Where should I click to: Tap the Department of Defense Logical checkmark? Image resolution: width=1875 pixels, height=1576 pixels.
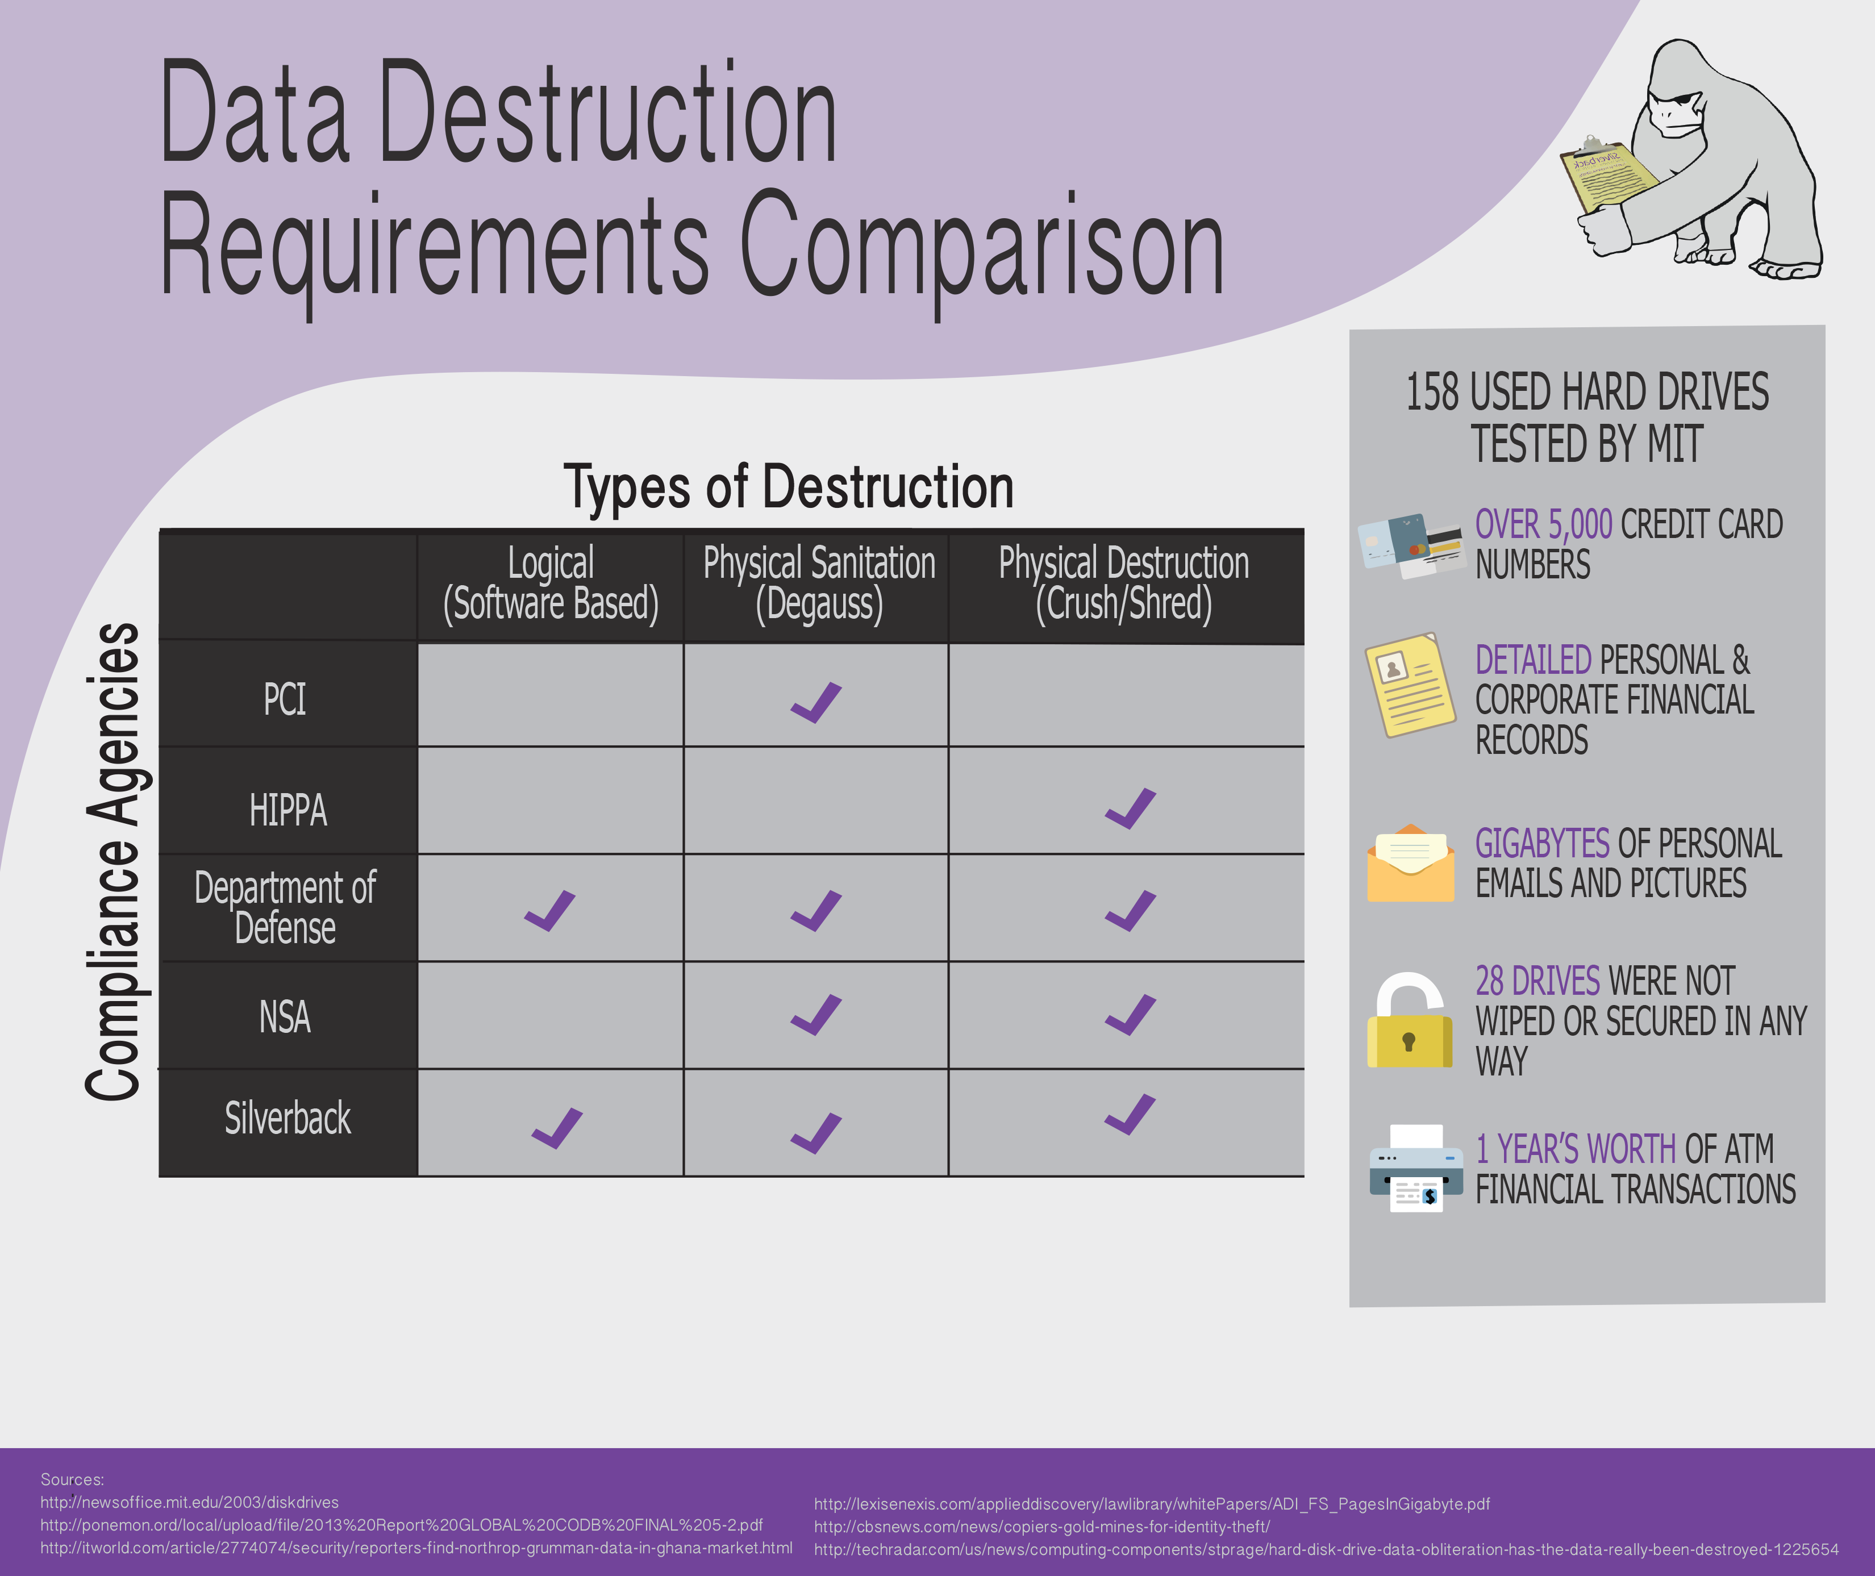(549, 911)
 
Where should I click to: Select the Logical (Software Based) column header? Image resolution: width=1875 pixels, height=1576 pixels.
(550, 583)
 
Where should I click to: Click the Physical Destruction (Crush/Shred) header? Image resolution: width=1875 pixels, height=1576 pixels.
(1124, 583)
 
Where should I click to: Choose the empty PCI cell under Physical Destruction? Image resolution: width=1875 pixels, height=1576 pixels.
(1126, 695)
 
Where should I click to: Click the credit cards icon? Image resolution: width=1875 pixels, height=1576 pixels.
(1410, 545)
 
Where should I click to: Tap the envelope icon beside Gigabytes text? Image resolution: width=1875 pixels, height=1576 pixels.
(1410, 863)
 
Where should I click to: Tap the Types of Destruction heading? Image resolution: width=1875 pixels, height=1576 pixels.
(789, 488)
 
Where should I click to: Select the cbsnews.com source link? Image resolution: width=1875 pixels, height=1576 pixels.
(1041, 1527)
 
